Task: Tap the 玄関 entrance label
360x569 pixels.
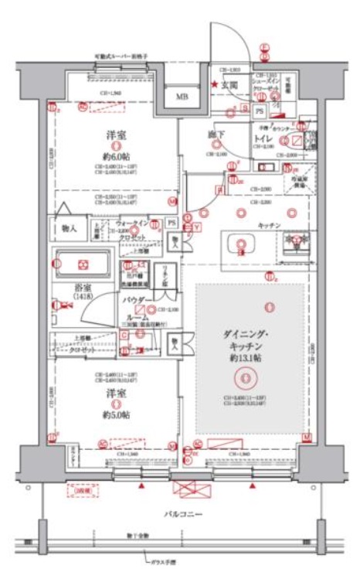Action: (x=229, y=85)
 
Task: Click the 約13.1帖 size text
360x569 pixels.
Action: (x=245, y=359)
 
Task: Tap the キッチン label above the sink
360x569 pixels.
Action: (x=268, y=223)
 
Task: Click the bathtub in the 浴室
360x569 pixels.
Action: (x=83, y=264)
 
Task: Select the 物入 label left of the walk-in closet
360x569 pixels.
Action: (x=68, y=228)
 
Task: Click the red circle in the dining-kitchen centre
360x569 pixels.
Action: (x=245, y=378)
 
